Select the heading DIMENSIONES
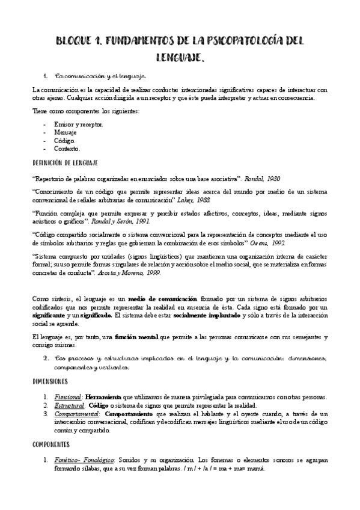tap(50, 381)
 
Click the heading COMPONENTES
tap(53, 444)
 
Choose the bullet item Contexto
tap(67, 148)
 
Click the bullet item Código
tap(64, 140)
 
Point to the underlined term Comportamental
tap(76, 414)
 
